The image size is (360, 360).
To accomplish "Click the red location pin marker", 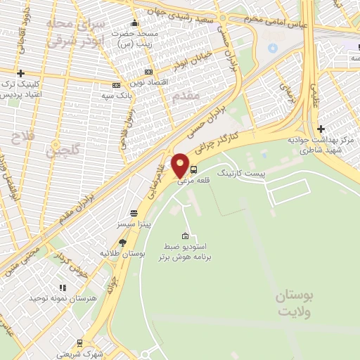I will coord(181,165).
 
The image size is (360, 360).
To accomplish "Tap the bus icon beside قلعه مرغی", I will coord(194,169).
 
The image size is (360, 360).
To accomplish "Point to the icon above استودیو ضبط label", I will coord(185,236).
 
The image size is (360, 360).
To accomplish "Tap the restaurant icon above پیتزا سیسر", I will coord(133,213).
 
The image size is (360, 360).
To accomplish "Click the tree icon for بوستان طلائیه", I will coord(122,243).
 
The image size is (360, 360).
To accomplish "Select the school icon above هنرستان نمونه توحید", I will coord(62,288).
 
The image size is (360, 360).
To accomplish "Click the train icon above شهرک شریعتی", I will coord(79,343).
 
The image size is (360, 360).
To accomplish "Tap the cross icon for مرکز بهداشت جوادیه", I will coord(321,129).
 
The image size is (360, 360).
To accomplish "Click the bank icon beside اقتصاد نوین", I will coord(148,72).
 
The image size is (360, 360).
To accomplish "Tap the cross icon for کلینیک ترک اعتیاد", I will coord(21,73).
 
